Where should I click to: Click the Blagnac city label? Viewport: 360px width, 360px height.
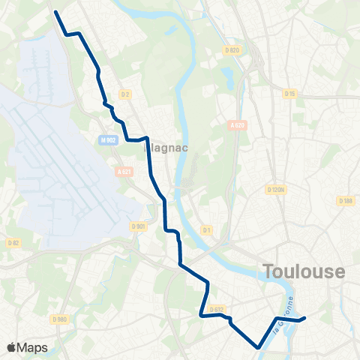pyautogui.click(x=160, y=148)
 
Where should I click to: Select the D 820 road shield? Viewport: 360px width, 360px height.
pyautogui.click(x=232, y=50)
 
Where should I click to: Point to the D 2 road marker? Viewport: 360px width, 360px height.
pyautogui.click(x=125, y=94)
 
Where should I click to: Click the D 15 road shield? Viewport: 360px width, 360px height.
pyautogui.click(x=290, y=94)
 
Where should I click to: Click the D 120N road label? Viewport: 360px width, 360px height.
pyautogui.click(x=277, y=190)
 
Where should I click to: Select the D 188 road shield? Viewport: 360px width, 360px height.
pyautogui.click(x=345, y=200)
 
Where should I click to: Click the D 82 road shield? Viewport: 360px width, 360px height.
pyautogui.click(x=13, y=242)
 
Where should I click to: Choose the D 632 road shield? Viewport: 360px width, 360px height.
pyautogui.click(x=217, y=308)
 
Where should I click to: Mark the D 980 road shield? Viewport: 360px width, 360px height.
pyautogui.click(x=60, y=319)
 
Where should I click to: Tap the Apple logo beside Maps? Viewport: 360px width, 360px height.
pyautogui.click(x=11, y=347)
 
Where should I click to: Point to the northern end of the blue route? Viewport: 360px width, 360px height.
pyautogui.click(x=56, y=11)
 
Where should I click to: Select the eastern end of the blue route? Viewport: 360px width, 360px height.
pyautogui.click(x=304, y=319)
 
